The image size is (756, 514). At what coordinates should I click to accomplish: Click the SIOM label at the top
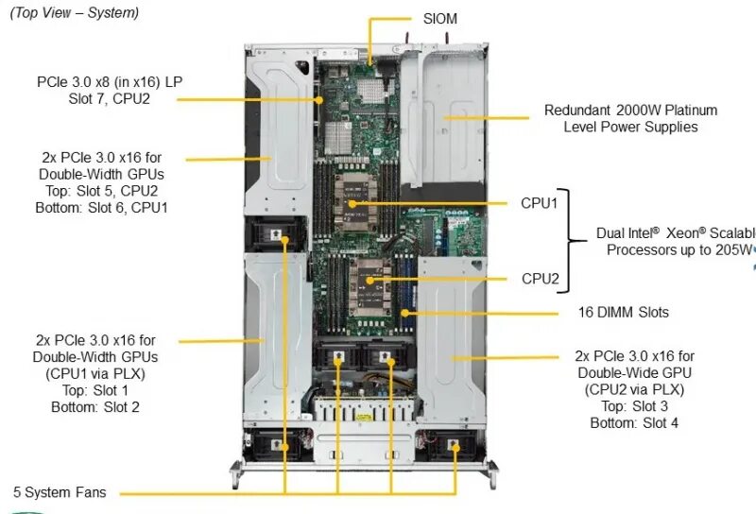[x=440, y=19]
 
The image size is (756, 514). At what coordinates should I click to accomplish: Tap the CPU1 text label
[x=540, y=202]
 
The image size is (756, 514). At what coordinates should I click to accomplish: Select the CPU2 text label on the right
[x=540, y=279]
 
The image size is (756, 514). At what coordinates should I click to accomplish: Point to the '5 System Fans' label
[x=60, y=492]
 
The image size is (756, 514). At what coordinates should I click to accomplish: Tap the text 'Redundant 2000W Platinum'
[x=630, y=110]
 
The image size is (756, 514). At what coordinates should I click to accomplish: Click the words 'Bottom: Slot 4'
[x=634, y=422]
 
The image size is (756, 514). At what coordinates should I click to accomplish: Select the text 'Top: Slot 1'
[x=94, y=389]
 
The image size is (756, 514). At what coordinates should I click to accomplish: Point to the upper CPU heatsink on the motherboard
[x=355, y=203]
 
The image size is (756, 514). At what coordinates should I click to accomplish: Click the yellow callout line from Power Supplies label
[x=487, y=118]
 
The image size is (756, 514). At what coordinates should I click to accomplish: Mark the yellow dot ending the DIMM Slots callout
[x=404, y=312]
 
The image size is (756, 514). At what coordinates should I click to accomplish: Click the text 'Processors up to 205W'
[x=678, y=249]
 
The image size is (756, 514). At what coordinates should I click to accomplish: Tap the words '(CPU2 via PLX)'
[x=634, y=389]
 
